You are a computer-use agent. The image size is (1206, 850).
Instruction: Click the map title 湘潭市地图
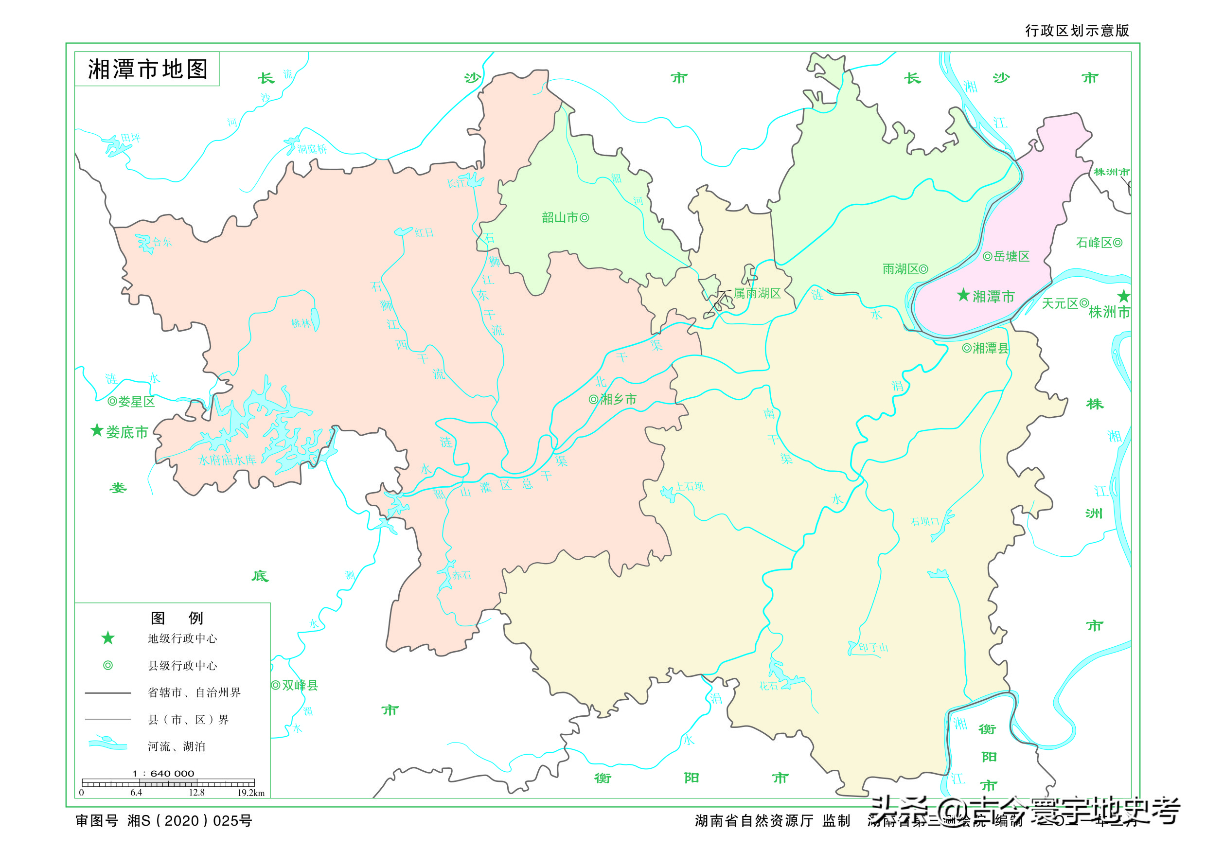click(x=148, y=70)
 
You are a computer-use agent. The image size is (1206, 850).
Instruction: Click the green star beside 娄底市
click(x=97, y=430)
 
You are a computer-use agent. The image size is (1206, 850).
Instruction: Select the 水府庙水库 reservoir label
click(x=227, y=460)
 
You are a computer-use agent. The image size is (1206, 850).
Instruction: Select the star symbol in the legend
click(x=107, y=638)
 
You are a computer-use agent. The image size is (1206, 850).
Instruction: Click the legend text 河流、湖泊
click(x=177, y=746)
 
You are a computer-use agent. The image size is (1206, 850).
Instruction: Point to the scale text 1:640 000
click(x=163, y=773)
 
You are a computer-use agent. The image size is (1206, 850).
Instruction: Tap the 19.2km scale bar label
click(x=251, y=793)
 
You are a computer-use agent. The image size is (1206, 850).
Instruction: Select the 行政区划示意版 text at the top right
click(x=1077, y=31)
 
